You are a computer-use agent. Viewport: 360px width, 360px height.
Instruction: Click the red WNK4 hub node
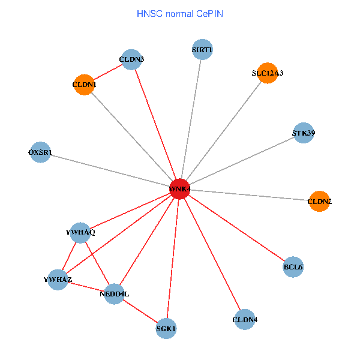pos(179,189)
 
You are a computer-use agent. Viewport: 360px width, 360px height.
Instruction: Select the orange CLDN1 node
pos(84,85)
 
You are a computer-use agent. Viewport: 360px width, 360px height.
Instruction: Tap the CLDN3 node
pos(131,59)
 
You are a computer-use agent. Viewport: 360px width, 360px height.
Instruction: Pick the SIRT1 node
pos(202,49)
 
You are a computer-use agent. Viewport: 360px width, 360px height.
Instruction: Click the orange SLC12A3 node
pos(267,73)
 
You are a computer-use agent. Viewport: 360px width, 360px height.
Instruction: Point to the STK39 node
pos(303,133)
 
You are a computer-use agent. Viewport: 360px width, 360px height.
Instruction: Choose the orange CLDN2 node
pos(319,202)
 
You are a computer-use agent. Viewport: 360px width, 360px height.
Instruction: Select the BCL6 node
pos(293,266)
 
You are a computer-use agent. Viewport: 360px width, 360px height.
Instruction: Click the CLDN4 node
pos(245,320)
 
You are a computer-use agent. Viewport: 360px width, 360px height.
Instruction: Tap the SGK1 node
pos(166,328)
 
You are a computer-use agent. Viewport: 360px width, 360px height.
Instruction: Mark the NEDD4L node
pos(114,294)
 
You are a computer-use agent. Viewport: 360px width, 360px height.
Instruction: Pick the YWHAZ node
pos(58,280)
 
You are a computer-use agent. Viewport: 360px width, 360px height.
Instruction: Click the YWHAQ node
pos(80,232)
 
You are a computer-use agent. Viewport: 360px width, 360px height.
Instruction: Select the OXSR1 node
pos(40,152)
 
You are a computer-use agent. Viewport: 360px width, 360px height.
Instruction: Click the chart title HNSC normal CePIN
pos(180,13)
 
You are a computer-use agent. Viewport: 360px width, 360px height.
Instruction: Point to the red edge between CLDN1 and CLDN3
pos(108,72)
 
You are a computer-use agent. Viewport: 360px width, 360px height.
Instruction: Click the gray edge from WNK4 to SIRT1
pos(191,119)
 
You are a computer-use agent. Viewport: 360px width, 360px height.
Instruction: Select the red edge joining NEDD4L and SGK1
pos(140,311)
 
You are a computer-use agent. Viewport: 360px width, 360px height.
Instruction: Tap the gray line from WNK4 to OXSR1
pos(109,170)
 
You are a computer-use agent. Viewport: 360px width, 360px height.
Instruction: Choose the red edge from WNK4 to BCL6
pos(236,228)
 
